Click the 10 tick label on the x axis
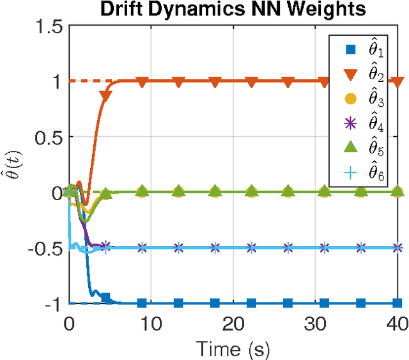pos(151,323)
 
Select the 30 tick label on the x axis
pos(315,323)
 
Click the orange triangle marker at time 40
pos(398,82)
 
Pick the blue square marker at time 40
pos(398,303)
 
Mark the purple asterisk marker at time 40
pos(398,247)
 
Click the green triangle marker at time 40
pos(398,191)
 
